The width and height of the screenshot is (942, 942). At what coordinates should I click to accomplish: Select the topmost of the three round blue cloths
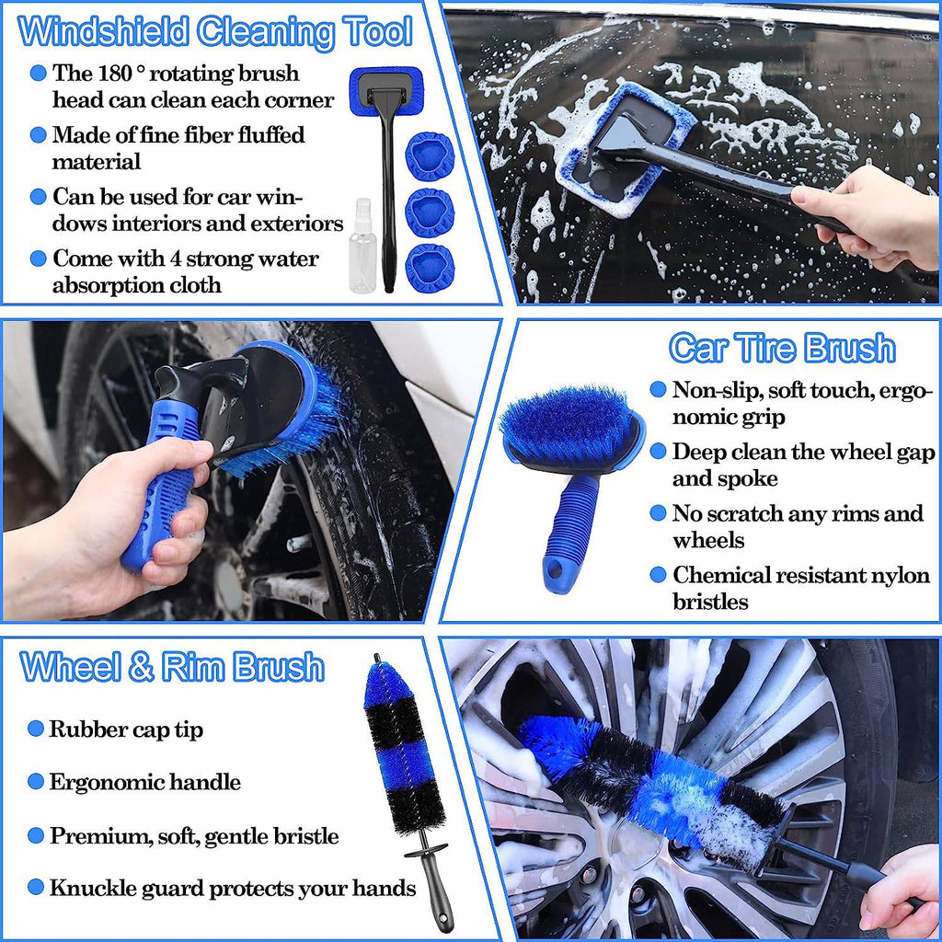(430, 155)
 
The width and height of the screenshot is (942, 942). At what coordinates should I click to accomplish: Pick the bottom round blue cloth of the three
(430, 266)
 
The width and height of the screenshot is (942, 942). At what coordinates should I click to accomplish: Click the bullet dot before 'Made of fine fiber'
(38, 135)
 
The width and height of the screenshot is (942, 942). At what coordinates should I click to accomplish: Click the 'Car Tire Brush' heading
(781, 349)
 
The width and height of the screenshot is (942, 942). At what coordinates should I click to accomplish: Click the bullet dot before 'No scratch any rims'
(658, 513)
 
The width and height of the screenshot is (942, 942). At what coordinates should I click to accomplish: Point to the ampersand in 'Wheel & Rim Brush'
(141, 667)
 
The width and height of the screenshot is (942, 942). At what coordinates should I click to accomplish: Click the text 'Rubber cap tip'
(126, 729)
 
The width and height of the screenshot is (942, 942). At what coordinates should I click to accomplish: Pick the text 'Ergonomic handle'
(144, 782)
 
